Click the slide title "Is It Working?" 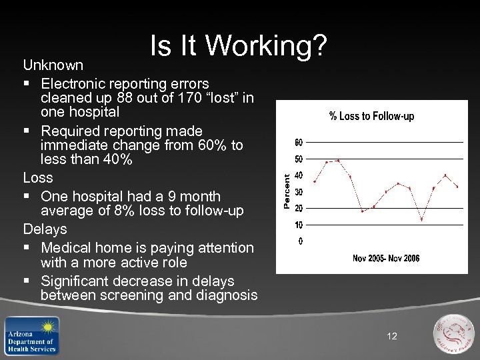pos(238,46)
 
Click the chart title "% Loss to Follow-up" pos(371,116)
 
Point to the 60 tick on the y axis pos(299,142)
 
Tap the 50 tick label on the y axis pos(299,159)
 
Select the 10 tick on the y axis pos(299,225)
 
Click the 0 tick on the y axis pos(300,241)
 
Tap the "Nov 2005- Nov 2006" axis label pos(386,258)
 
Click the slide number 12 pos(391,336)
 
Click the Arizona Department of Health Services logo pos(31,335)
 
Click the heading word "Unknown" pos(53,65)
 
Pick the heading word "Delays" pos(45,229)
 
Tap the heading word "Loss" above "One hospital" pos(38,178)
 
